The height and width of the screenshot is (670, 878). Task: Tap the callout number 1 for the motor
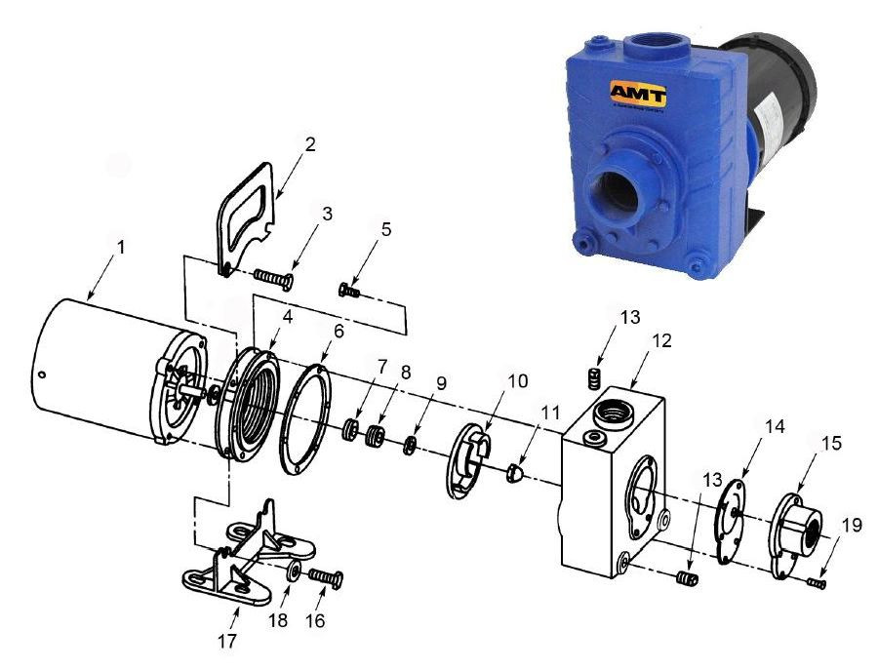click(121, 248)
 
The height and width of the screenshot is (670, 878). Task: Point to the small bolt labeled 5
click(349, 290)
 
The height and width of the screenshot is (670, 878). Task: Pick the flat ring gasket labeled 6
click(307, 418)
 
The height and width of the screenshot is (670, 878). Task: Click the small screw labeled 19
click(818, 582)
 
